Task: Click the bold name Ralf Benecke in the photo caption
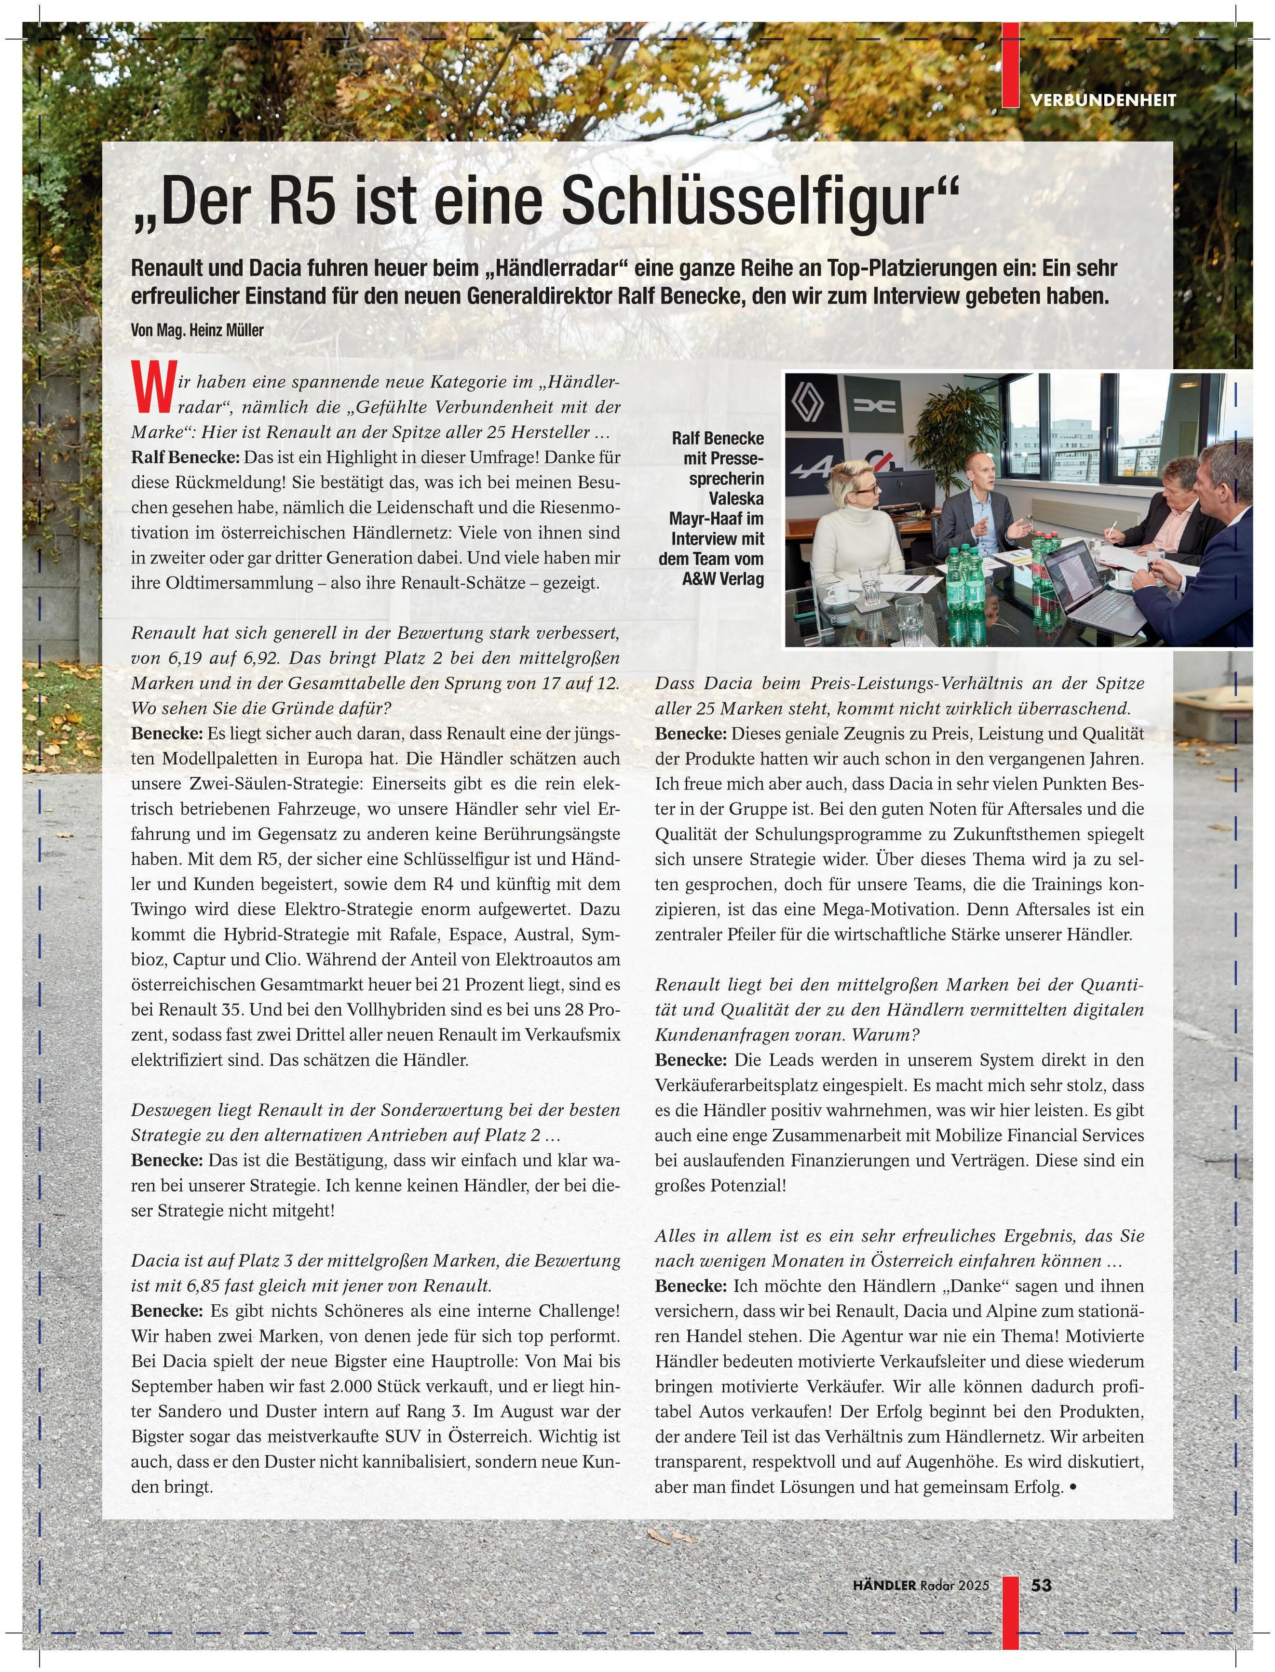click(x=717, y=439)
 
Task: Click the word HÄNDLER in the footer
click(x=884, y=1586)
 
